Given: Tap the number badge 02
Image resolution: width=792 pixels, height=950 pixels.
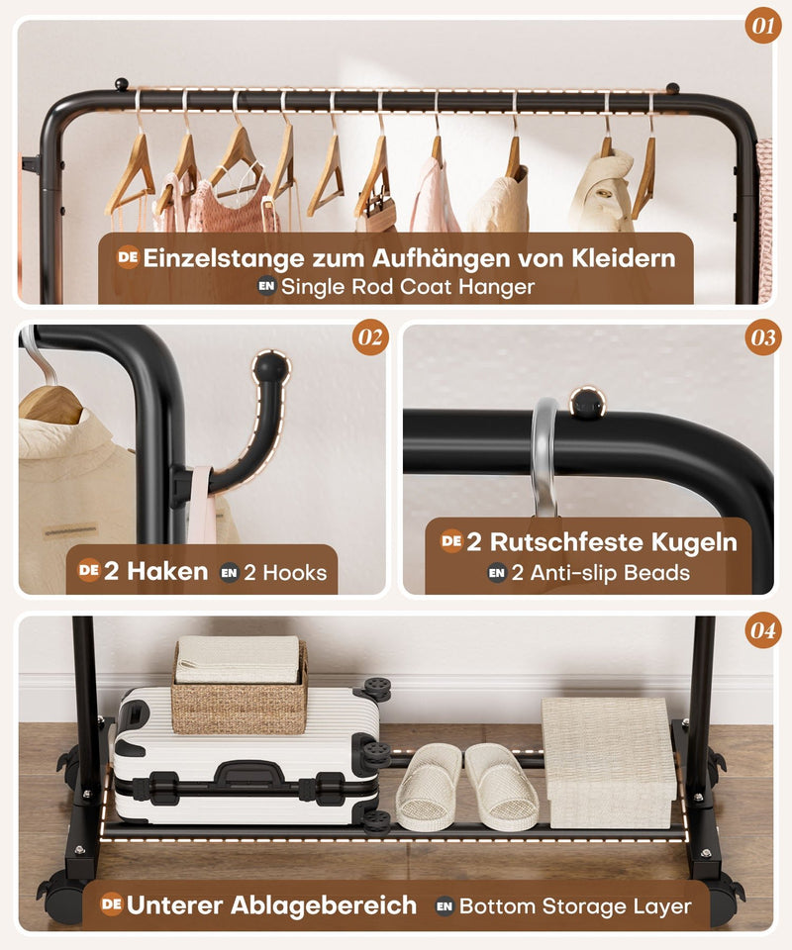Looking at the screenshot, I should pos(370,338).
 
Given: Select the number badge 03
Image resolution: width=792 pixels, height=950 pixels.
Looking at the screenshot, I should pos(762,338).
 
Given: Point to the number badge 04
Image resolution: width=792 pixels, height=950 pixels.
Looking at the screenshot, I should pos(762,630).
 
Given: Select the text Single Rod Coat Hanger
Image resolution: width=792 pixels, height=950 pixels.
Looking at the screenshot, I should pos(408,287).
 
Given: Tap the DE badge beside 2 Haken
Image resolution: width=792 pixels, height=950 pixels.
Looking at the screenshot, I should pos(89,570).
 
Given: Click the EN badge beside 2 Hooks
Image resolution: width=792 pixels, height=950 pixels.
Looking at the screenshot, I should pos(230,572).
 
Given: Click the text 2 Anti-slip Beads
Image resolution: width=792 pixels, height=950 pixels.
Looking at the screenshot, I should pos(600,572).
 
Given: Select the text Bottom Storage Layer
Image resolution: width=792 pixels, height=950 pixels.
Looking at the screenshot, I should pos(575,905).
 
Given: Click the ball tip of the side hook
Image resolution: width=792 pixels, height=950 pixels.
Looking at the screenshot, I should pos(269,368).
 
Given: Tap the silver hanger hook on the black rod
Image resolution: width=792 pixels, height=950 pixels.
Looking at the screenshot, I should pos(544,455).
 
